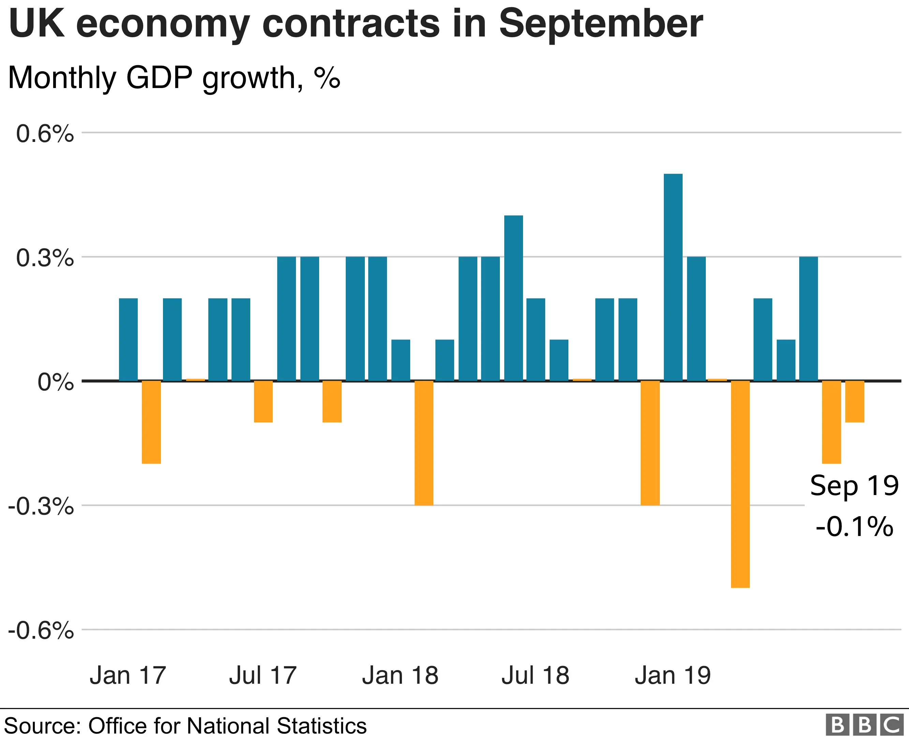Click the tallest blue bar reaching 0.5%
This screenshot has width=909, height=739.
coord(673,277)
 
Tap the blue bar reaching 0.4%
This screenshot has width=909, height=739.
coord(513,298)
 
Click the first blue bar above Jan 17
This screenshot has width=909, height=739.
coord(128,339)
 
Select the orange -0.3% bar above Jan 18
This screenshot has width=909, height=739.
coord(424,443)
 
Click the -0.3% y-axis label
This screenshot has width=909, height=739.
coord(41,507)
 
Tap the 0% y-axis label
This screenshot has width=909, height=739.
coord(55,382)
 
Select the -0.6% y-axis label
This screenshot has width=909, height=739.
coord(41,631)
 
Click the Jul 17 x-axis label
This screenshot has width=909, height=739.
coord(263,676)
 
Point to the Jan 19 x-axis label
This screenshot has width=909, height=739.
coord(672,676)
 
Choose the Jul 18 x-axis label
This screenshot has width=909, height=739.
coord(535,676)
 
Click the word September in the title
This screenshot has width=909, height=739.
coord(601,24)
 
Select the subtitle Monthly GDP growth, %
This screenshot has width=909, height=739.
coord(174,77)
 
